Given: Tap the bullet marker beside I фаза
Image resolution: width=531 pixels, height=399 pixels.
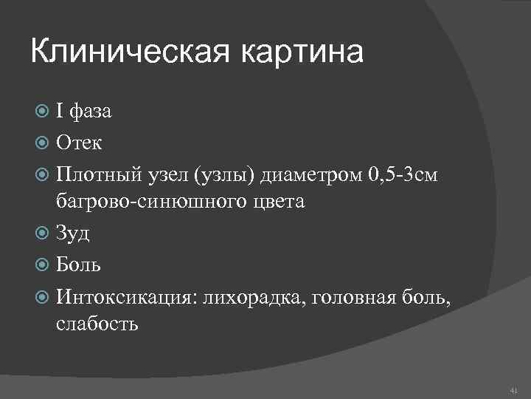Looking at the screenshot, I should point(43,112).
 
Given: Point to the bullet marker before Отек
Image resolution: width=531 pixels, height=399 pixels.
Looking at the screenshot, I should point(43,143).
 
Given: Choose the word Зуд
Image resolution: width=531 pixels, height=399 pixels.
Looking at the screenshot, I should point(74,233).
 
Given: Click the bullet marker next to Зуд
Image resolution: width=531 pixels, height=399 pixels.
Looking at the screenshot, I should point(43,233).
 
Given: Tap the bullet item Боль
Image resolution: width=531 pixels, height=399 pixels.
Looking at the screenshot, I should point(79,264).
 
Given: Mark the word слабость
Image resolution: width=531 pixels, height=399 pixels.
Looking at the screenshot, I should point(97,323).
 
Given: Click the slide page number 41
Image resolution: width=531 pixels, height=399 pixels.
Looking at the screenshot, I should point(513,389).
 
